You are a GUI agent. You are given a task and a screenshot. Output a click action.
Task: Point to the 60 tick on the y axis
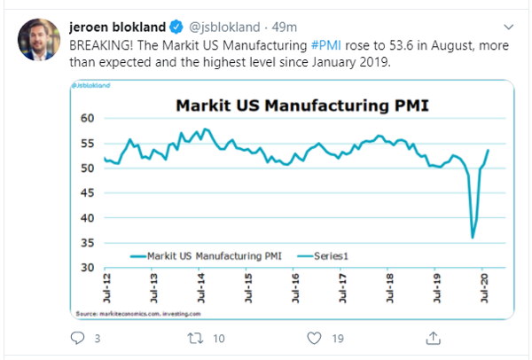tap(88, 118)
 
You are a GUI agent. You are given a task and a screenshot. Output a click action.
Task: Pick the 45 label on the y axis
tap(88, 193)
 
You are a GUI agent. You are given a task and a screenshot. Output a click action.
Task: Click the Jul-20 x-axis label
tap(482, 290)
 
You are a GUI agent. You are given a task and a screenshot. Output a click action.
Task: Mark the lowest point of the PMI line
tap(473, 238)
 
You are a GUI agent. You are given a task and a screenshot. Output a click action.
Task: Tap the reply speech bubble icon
tap(77, 338)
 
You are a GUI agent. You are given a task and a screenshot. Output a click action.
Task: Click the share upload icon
tap(433, 338)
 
